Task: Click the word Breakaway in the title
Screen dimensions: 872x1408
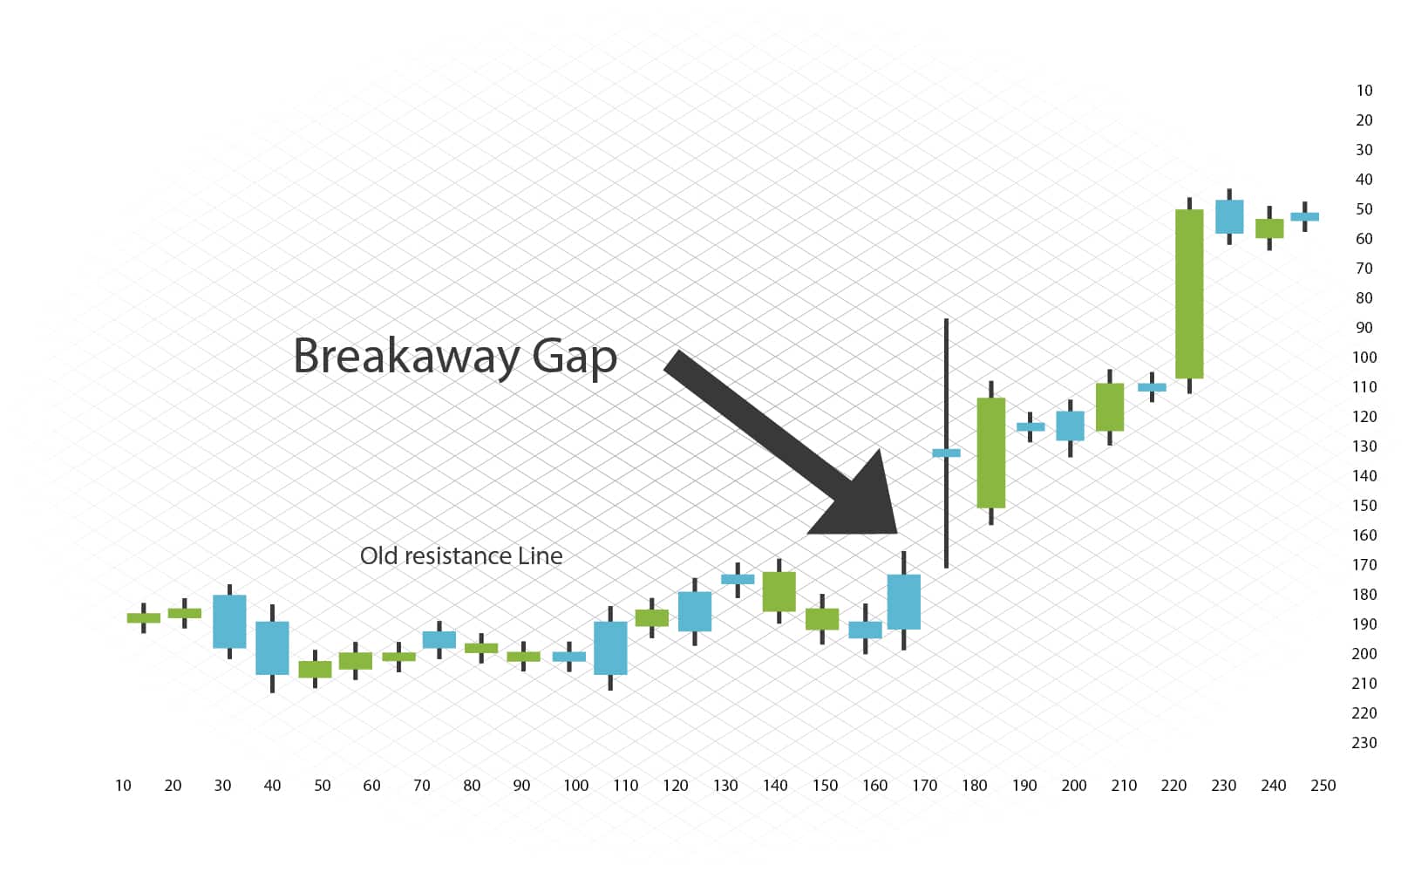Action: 405,357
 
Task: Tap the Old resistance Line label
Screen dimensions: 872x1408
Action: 460,556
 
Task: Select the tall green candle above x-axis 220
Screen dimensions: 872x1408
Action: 1189,294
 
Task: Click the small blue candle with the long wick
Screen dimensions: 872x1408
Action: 946,453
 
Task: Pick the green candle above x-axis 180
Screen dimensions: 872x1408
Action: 991,453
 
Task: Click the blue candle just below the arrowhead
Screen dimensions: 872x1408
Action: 904,602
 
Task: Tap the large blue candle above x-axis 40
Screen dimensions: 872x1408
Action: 272,648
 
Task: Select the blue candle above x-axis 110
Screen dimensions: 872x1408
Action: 610,648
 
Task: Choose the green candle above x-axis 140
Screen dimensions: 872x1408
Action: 779,591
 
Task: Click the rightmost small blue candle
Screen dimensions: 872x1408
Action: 1304,216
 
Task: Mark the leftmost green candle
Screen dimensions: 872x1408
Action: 144,617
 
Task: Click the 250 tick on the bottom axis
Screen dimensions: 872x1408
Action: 1323,786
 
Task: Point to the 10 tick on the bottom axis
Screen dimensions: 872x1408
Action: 123,786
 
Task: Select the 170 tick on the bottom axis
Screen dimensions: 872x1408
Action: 924,786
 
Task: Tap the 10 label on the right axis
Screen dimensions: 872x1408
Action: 1364,91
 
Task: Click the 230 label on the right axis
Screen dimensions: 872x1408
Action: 1364,743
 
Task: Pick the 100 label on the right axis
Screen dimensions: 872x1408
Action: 1364,358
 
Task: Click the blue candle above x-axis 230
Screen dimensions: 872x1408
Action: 1229,216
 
